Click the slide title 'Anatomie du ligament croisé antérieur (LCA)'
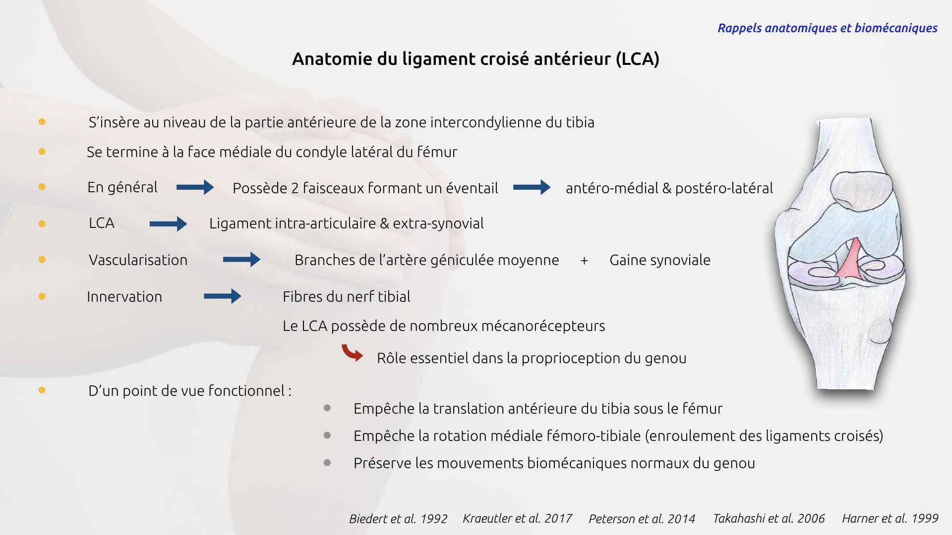[x=476, y=59]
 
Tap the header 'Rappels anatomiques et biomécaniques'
[x=827, y=28]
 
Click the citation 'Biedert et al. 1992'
[x=398, y=519]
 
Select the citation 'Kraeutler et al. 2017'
[x=517, y=519]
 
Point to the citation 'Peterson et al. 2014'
[x=642, y=519]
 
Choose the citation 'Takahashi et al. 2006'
[x=769, y=519]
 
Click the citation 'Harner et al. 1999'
[x=890, y=519]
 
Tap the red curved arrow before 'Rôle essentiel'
[x=352, y=353]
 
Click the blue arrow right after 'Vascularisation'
[x=241, y=260]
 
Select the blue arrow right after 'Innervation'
[x=222, y=296]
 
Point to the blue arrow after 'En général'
[x=195, y=187]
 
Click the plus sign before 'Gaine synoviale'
[x=584, y=261]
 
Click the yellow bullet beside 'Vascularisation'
[x=42, y=260]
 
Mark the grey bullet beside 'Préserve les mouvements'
[x=327, y=463]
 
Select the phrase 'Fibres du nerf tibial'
[x=346, y=297]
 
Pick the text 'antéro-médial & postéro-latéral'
[x=669, y=188]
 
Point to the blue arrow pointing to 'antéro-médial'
[x=532, y=187]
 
